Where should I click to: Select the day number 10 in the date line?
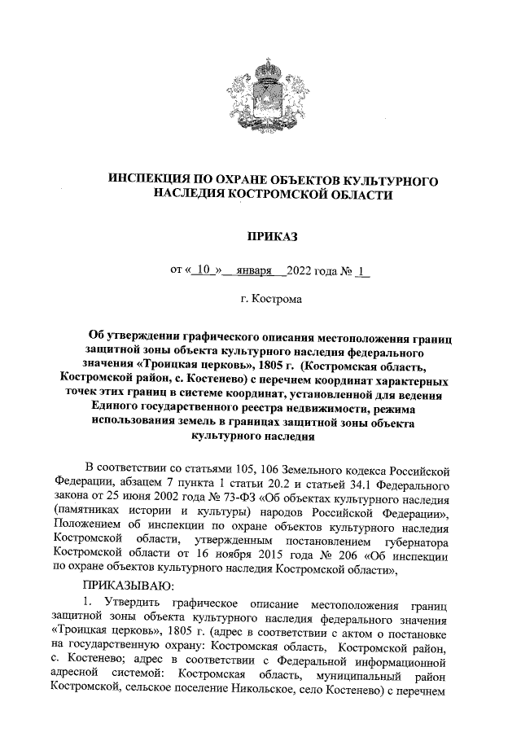pos(204,268)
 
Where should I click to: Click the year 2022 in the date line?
pos(301,268)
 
